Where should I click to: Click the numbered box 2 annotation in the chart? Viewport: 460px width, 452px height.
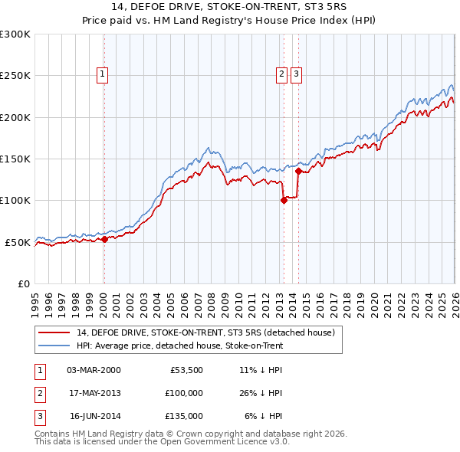tap(281, 74)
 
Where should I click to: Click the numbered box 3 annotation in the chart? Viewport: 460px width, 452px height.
tap(296, 74)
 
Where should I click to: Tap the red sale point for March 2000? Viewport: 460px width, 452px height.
tap(105, 239)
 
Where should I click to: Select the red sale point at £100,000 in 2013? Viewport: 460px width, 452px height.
tap(284, 201)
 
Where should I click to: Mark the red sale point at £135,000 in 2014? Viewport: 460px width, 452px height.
tap(298, 172)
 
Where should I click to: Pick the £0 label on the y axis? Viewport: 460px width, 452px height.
tap(22, 283)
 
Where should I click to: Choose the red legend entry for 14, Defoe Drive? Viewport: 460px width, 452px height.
tap(205, 333)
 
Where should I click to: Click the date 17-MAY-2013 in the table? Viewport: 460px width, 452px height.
tap(94, 392)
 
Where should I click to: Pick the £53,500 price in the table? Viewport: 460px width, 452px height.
tap(186, 369)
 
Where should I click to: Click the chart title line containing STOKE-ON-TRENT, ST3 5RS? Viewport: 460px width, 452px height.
tap(230, 8)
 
